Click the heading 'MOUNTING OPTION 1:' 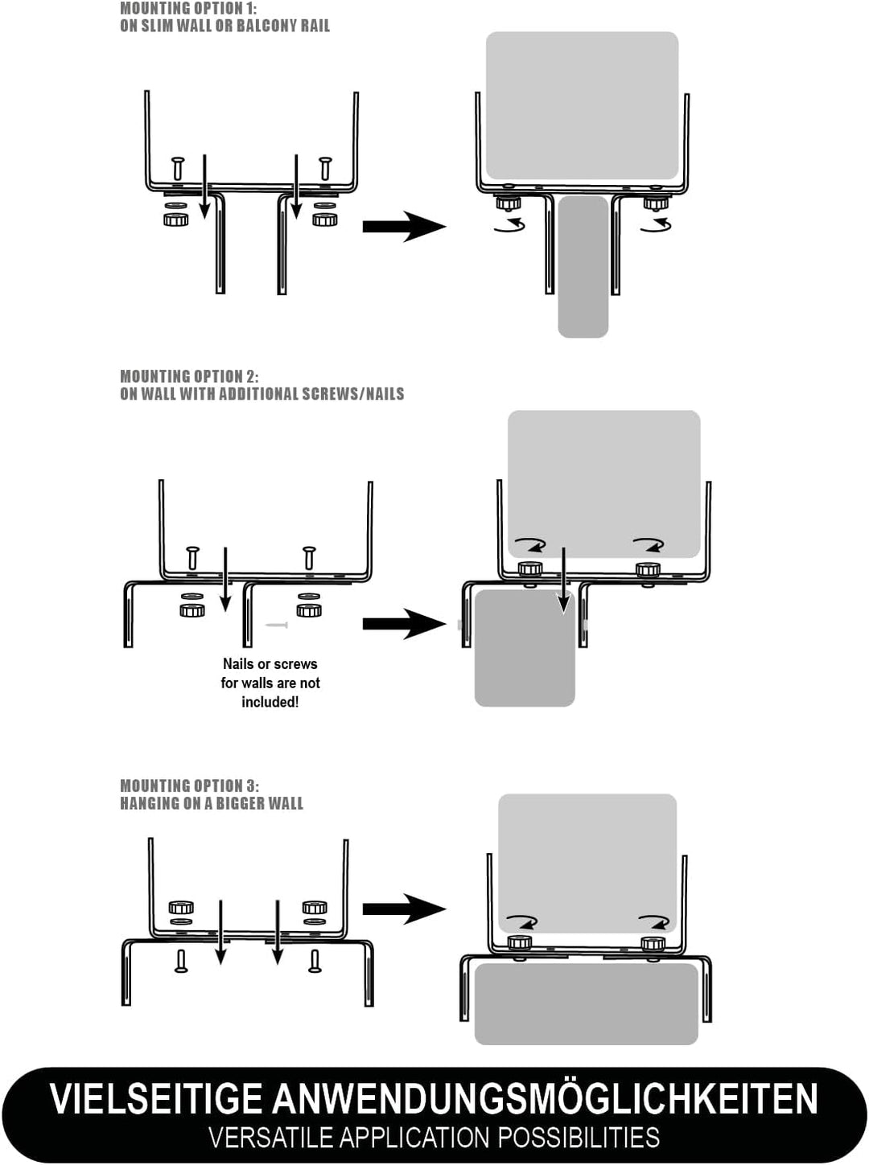pyautogui.click(x=188, y=8)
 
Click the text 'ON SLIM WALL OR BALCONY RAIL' pyautogui.click(x=224, y=26)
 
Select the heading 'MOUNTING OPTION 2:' pyautogui.click(x=189, y=376)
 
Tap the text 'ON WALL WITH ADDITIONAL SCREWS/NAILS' pyautogui.click(x=262, y=394)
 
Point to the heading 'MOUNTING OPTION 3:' pyautogui.click(x=189, y=786)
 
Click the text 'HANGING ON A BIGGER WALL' pyautogui.click(x=212, y=803)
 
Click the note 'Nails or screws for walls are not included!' pyautogui.click(x=270, y=683)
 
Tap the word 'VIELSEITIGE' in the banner pyautogui.click(x=156, y=1099)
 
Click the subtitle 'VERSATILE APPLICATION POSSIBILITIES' pyautogui.click(x=434, y=1138)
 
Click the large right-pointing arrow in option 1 pyautogui.click(x=404, y=227)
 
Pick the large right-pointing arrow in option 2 pyautogui.click(x=404, y=624)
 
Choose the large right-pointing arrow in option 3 pyautogui.click(x=404, y=909)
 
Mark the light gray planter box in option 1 pyautogui.click(x=582, y=105)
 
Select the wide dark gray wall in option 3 pyautogui.click(x=586, y=1003)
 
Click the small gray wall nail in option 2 pyautogui.click(x=276, y=625)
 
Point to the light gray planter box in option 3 pyautogui.click(x=587, y=860)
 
